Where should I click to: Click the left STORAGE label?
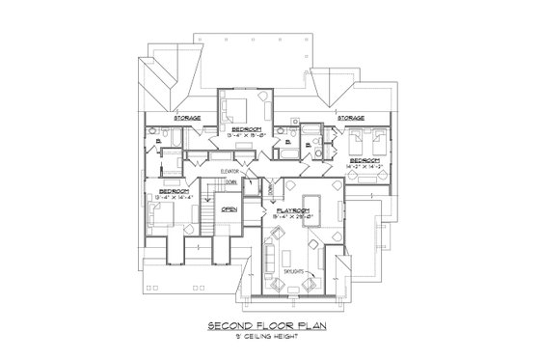pyautogui.click(x=188, y=117)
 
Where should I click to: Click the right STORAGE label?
pyautogui.click(x=350, y=117)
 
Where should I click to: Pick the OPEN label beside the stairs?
pyautogui.click(x=229, y=208)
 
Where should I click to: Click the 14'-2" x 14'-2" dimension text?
pyautogui.click(x=364, y=166)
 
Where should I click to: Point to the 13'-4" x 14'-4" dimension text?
pyautogui.click(x=175, y=197)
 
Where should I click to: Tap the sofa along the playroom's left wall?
pyautogui.click(x=272, y=257)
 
